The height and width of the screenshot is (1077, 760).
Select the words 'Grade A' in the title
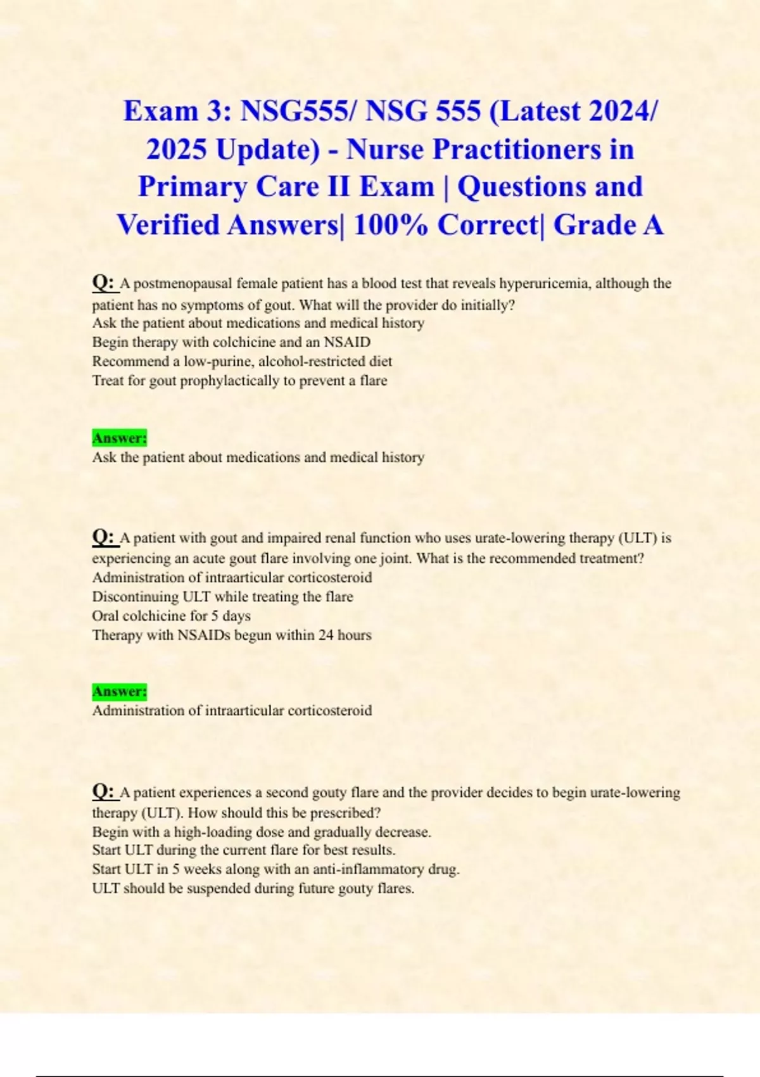(609, 226)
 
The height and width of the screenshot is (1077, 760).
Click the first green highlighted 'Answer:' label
(119, 438)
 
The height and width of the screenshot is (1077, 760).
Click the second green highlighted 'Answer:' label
(119, 691)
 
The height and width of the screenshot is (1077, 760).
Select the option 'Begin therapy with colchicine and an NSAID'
(231, 343)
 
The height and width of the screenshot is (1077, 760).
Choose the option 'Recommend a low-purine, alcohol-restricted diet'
(242, 362)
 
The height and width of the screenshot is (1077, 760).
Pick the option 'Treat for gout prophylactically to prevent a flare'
(239, 381)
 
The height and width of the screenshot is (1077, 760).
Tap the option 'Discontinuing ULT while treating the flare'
(222, 597)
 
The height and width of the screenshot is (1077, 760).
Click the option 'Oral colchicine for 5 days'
(171, 616)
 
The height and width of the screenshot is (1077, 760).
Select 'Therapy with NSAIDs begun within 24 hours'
(232, 635)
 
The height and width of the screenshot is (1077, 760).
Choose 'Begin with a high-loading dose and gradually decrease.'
(262, 832)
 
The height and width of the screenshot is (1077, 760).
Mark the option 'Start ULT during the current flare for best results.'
(244, 850)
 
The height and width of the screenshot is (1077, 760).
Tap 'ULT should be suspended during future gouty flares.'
(253, 888)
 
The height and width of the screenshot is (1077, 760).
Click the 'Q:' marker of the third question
(103, 791)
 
